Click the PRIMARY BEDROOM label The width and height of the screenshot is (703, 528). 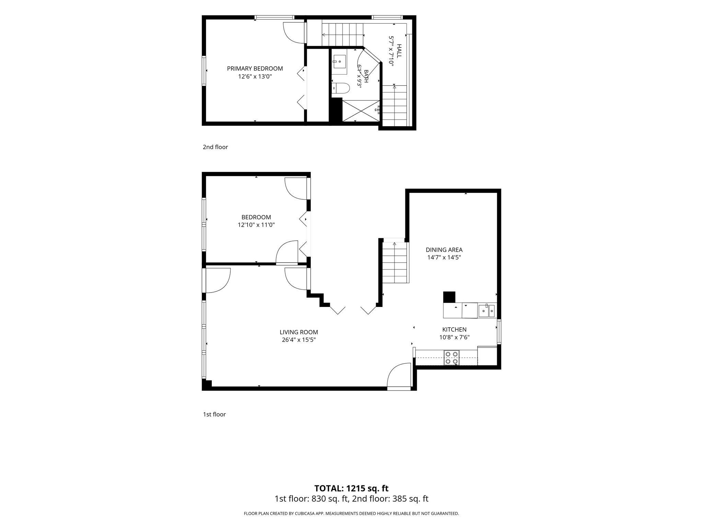click(x=255, y=68)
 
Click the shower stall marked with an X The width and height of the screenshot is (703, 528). click(x=361, y=110)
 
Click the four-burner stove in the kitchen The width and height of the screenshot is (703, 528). click(x=452, y=357)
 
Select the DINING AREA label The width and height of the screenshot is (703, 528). click(x=444, y=250)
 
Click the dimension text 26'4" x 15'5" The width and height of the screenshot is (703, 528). click(x=299, y=340)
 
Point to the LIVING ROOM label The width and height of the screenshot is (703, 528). click(x=299, y=332)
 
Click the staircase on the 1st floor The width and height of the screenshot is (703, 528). click(x=395, y=262)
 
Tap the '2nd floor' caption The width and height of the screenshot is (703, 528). click(x=215, y=147)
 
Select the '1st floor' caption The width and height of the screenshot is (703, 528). click(x=214, y=414)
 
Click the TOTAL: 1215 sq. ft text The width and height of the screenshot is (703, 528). click(x=351, y=488)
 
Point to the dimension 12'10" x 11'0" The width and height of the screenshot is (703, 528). click(x=256, y=225)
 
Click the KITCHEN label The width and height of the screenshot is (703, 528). click(x=454, y=329)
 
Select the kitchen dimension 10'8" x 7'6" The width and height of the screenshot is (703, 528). click(x=454, y=337)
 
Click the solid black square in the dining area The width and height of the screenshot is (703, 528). click(x=449, y=297)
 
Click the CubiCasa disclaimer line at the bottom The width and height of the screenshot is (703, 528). click(x=351, y=514)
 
